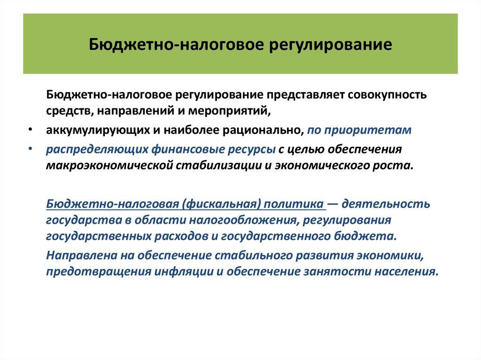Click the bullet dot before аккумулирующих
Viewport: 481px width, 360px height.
(x=30, y=130)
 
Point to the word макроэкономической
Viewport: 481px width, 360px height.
(x=103, y=166)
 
